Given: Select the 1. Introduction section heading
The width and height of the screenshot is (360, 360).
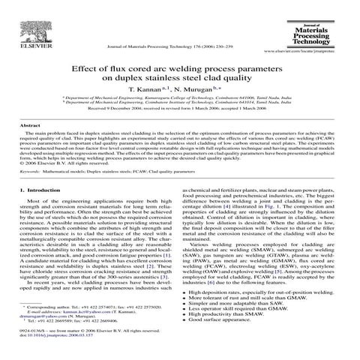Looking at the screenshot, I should (43, 192).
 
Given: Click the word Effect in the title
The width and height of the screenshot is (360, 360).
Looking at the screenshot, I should (91, 66).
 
